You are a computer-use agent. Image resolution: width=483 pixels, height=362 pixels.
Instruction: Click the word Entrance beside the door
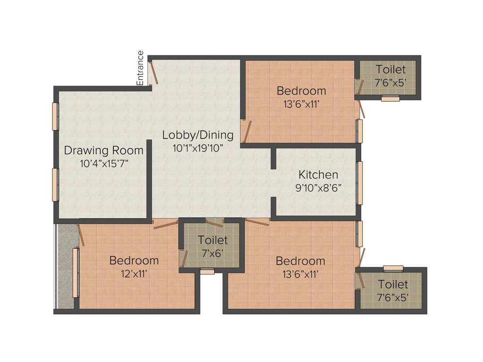click(x=140, y=68)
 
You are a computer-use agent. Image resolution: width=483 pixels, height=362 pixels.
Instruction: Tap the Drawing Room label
click(x=103, y=151)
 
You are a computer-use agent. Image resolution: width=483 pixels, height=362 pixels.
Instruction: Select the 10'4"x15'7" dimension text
click(x=103, y=163)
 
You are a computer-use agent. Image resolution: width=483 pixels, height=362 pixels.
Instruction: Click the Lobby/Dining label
click(x=198, y=135)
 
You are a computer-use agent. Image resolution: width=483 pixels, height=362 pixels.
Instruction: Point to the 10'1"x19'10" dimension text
click(x=198, y=148)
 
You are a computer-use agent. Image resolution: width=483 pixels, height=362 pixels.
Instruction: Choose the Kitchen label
click(x=318, y=175)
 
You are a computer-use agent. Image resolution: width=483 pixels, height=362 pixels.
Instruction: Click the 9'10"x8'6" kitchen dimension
click(x=318, y=187)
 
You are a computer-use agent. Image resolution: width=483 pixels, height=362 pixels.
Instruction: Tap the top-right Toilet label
click(x=391, y=70)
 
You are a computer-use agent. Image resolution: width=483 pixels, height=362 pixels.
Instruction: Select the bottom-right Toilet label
click(x=393, y=285)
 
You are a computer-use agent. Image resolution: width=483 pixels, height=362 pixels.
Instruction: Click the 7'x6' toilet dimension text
click(x=212, y=253)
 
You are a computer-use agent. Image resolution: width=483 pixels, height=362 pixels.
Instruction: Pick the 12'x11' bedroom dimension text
click(x=134, y=273)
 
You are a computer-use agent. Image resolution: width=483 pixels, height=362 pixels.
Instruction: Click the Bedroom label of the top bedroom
click(x=301, y=91)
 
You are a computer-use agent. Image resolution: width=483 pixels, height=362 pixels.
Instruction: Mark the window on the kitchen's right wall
click(x=359, y=183)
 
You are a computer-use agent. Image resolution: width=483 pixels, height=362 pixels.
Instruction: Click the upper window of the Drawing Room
click(x=55, y=116)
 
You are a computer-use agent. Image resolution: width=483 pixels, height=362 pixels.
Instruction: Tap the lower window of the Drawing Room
click(x=55, y=184)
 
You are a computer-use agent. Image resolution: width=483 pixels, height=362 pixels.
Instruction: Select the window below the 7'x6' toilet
click(x=207, y=271)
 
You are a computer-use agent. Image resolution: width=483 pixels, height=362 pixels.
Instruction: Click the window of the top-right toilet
click(x=390, y=99)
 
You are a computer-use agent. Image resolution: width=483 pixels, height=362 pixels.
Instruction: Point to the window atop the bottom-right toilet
click(x=393, y=268)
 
